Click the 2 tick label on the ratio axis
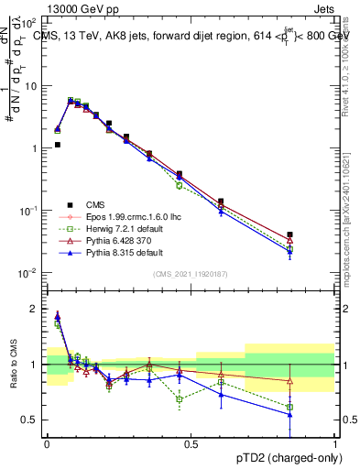[36, 309]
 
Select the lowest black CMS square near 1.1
[57, 145]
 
